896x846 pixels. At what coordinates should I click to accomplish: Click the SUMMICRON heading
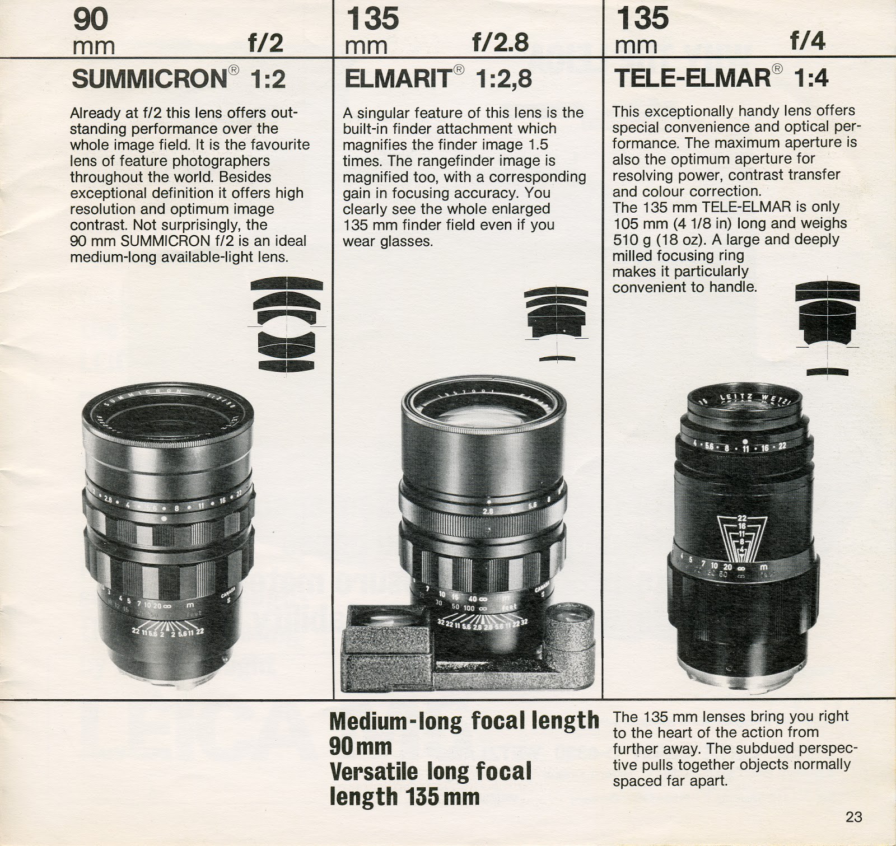150,79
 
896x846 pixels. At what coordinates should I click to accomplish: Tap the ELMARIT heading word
397,79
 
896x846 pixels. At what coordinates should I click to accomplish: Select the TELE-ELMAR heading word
693,78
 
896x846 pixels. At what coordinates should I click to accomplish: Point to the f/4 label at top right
808,41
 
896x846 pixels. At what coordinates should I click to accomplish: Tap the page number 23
853,817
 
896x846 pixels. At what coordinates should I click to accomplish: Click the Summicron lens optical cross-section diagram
287,324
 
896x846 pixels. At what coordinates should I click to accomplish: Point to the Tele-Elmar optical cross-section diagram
827,329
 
